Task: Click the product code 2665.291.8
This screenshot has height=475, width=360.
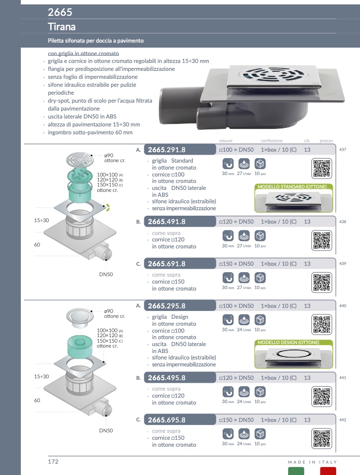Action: (x=167, y=150)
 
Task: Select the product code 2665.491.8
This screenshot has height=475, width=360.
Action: (x=167, y=222)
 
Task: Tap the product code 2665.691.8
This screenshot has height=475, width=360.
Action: (x=167, y=264)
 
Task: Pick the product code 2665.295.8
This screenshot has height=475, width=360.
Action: (x=167, y=306)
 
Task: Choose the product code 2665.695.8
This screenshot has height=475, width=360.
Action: (x=167, y=420)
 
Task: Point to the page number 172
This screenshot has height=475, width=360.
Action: (x=53, y=462)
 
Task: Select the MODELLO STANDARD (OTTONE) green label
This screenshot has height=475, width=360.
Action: (x=288, y=186)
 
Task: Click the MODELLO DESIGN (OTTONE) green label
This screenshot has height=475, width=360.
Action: (x=288, y=342)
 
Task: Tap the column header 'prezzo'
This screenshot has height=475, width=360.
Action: (x=326, y=141)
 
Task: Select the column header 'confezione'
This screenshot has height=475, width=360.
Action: (x=272, y=141)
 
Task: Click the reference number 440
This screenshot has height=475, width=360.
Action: (x=343, y=306)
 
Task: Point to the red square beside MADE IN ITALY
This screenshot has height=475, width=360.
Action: (x=328, y=471)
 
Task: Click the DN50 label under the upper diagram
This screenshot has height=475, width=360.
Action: (x=106, y=274)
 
